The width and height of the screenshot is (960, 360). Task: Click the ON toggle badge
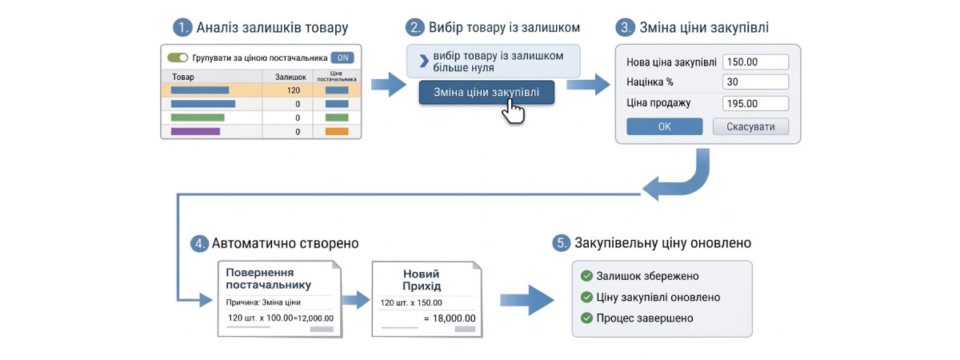pos(342,58)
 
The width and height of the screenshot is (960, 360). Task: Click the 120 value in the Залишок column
pos(293,90)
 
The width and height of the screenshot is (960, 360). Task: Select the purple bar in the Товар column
pos(195,131)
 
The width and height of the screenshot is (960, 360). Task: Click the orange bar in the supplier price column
pos(337,131)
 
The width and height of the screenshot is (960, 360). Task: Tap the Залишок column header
pos(290,77)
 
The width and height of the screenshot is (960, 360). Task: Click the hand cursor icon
pos(512,111)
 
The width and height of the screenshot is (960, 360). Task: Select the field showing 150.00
pos(755,62)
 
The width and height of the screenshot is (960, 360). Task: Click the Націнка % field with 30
pos(755,82)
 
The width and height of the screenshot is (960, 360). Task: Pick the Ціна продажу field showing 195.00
pos(755,103)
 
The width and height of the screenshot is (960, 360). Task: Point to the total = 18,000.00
pos(450,318)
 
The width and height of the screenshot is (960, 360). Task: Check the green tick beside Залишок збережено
pos(586,276)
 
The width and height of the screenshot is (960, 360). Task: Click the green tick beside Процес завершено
pos(586,318)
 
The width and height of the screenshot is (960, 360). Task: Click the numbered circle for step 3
pos(624,27)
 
